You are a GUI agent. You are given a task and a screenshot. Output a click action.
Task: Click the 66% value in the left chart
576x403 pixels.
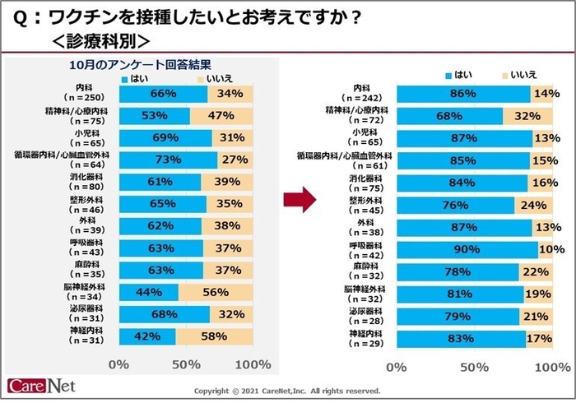point(164,94)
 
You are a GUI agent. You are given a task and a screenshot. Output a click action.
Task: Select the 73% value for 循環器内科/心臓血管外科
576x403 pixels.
point(168,159)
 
